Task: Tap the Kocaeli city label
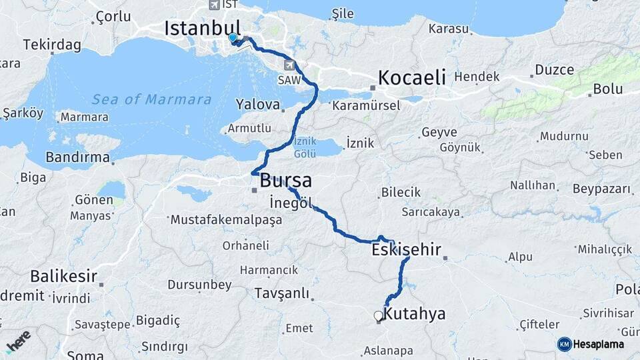411,77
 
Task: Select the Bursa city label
285,180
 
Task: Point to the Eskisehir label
407,250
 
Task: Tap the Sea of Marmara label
152,100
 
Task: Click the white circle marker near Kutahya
378,315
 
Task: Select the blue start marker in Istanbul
233,38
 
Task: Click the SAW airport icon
290,65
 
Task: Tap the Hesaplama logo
591,344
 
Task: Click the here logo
18,341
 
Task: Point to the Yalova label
257,104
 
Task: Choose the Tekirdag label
52,45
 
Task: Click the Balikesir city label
63,276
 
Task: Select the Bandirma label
77,157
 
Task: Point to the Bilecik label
401,192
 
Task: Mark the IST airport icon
214,5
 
